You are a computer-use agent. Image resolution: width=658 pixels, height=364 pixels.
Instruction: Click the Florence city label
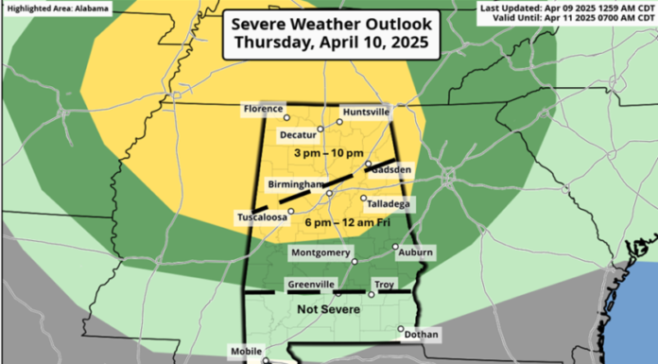[x=263, y=110]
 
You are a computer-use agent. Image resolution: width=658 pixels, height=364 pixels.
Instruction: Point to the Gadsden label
[x=390, y=169]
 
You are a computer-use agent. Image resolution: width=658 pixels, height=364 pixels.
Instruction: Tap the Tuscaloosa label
[x=261, y=217]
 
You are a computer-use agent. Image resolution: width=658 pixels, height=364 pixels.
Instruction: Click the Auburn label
[x=416, y=252]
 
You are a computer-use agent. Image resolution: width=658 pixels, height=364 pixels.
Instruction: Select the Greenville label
[x=310, y=283]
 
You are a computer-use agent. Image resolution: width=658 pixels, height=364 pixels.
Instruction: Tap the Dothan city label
[x=420, y=334]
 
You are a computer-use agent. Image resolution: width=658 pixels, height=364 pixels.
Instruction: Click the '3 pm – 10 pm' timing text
[x=327, y=154]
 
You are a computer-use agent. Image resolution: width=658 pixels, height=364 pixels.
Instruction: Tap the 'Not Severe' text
[x=326, y=307]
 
